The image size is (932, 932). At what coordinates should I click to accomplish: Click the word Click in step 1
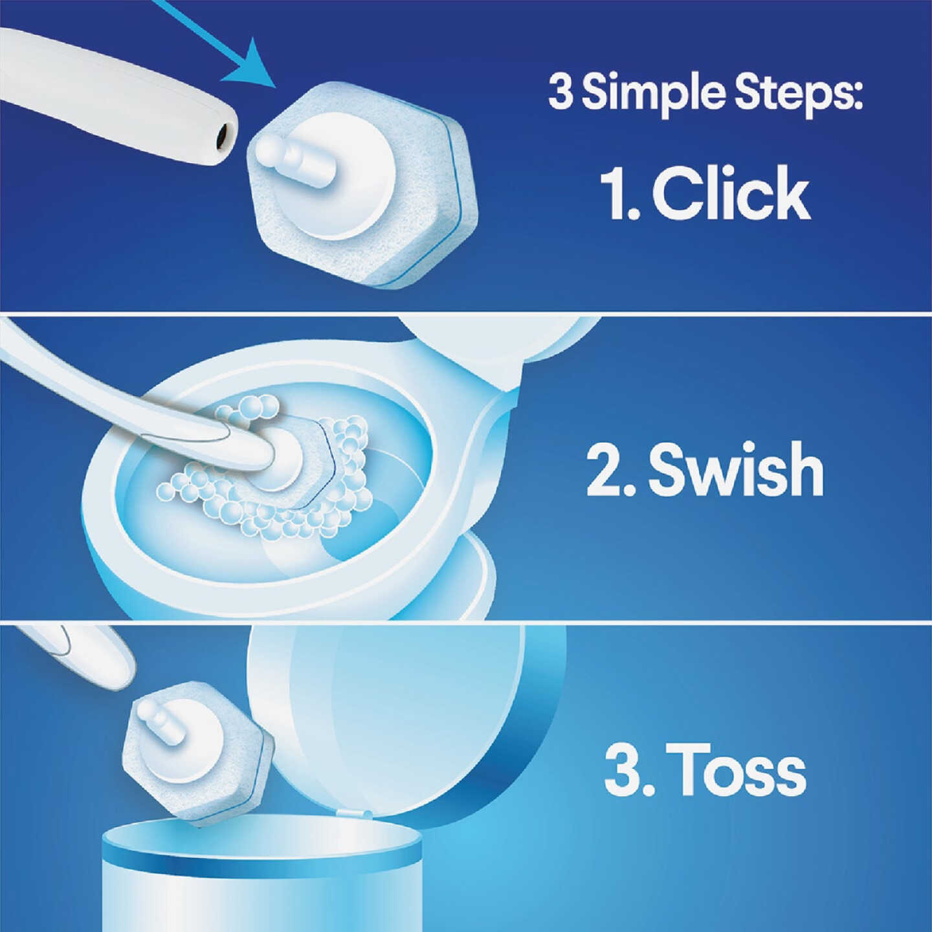point(731,193)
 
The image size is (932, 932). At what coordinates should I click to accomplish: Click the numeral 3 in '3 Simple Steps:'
point(560,93)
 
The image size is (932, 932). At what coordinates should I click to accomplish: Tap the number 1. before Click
point(620,193)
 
